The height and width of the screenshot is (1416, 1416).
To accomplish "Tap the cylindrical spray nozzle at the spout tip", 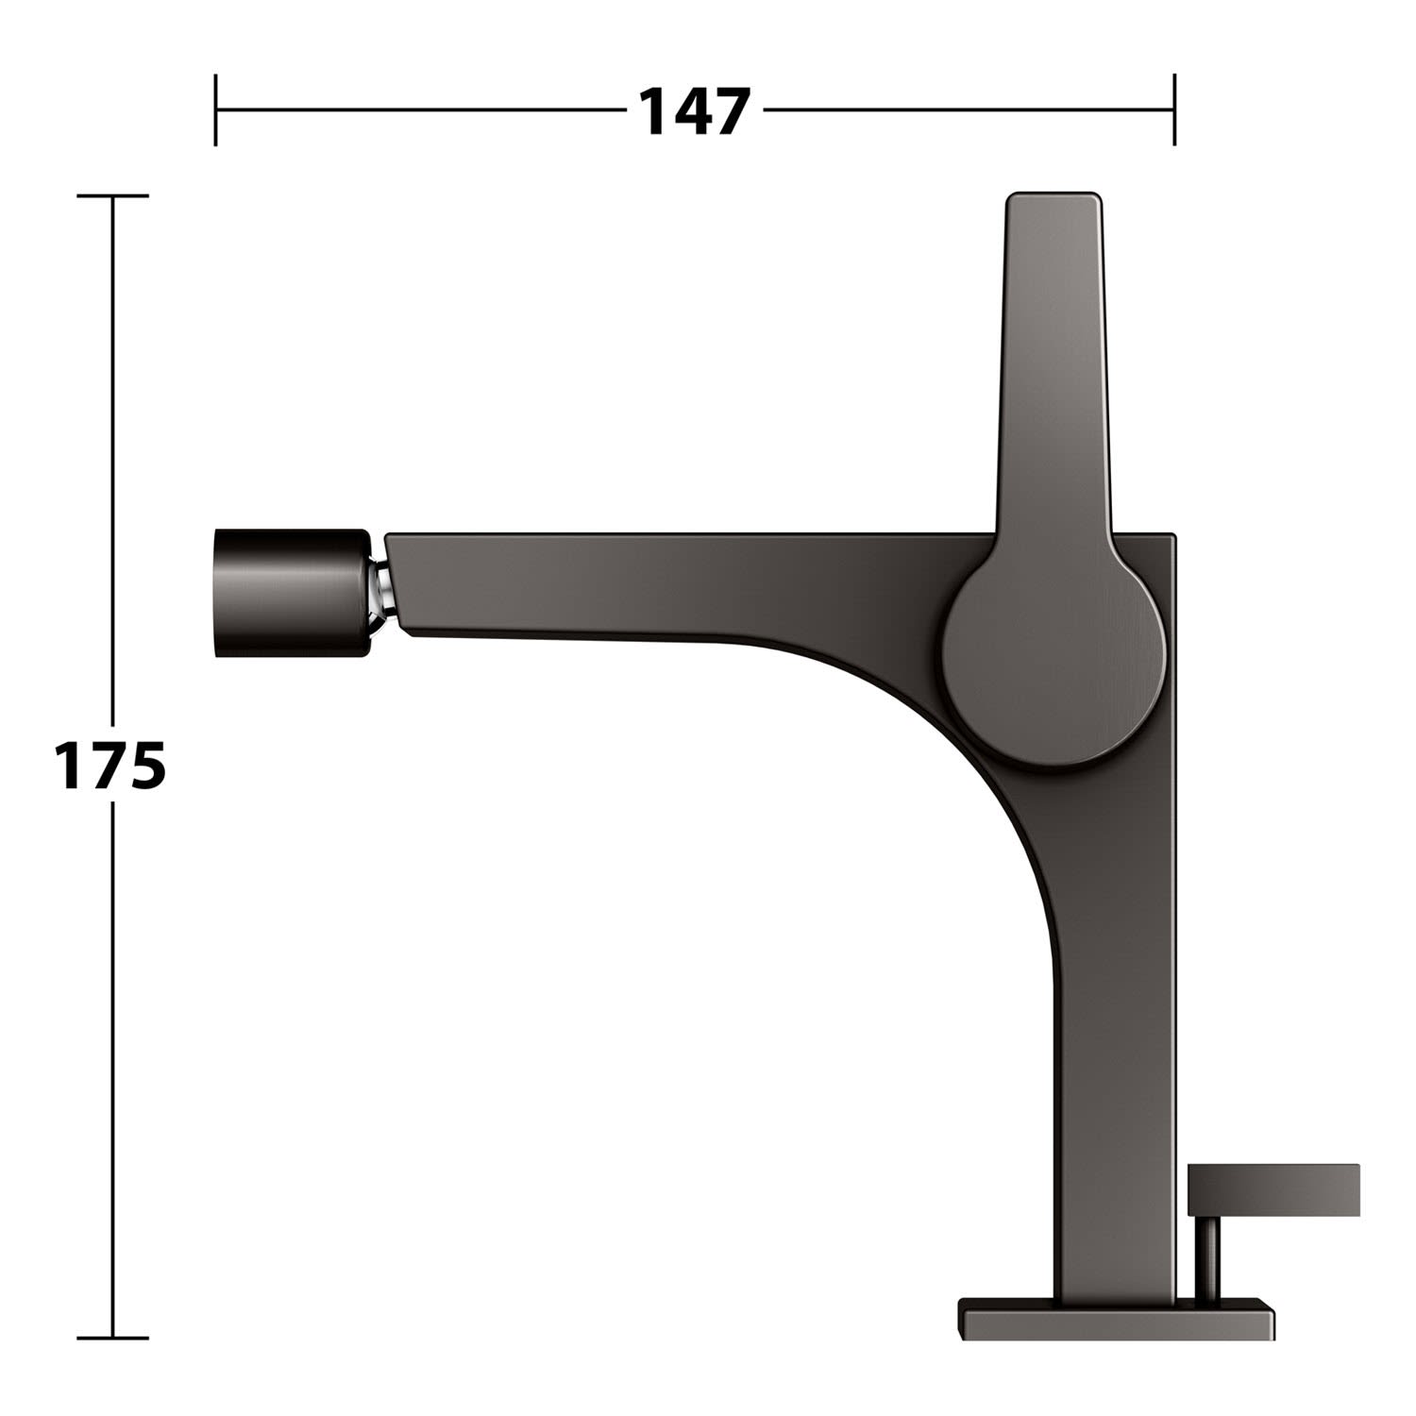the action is [293, 592].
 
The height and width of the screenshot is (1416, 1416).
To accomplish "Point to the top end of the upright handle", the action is [1054, 196].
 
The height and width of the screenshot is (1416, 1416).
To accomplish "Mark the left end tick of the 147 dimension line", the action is [216, 110].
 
